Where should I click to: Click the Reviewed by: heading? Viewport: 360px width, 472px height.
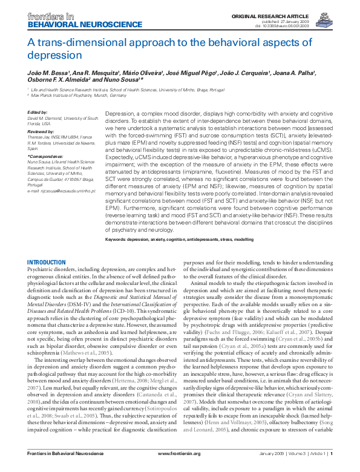[x=41, y=130]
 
